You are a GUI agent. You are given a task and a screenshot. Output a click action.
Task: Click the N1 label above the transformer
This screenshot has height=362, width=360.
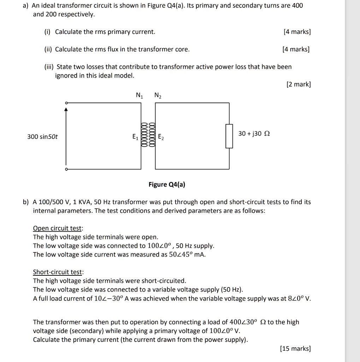click(140, 95)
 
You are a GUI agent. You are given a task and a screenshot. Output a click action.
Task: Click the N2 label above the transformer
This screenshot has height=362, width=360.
click(158, 95)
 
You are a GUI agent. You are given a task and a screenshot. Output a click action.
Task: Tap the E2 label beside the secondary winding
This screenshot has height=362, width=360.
click(161, 136)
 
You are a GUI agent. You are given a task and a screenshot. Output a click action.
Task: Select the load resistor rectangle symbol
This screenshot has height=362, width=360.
click(229, 136)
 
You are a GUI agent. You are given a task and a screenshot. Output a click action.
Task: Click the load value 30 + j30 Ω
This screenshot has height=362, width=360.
click(254, 134)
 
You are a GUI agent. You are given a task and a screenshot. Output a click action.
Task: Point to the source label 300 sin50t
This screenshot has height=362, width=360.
click(42, 136)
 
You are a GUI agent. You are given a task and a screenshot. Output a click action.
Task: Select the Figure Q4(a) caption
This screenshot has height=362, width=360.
click(167, 185)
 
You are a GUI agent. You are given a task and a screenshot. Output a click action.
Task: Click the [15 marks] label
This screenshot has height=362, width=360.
click(295, 349)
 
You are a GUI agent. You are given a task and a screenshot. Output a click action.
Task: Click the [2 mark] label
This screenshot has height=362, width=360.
click(299, 84)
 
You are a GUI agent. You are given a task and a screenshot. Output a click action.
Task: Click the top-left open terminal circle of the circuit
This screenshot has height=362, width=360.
click(65, 103)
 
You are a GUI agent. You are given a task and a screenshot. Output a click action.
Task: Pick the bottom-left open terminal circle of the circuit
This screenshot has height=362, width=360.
click(65, 169)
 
